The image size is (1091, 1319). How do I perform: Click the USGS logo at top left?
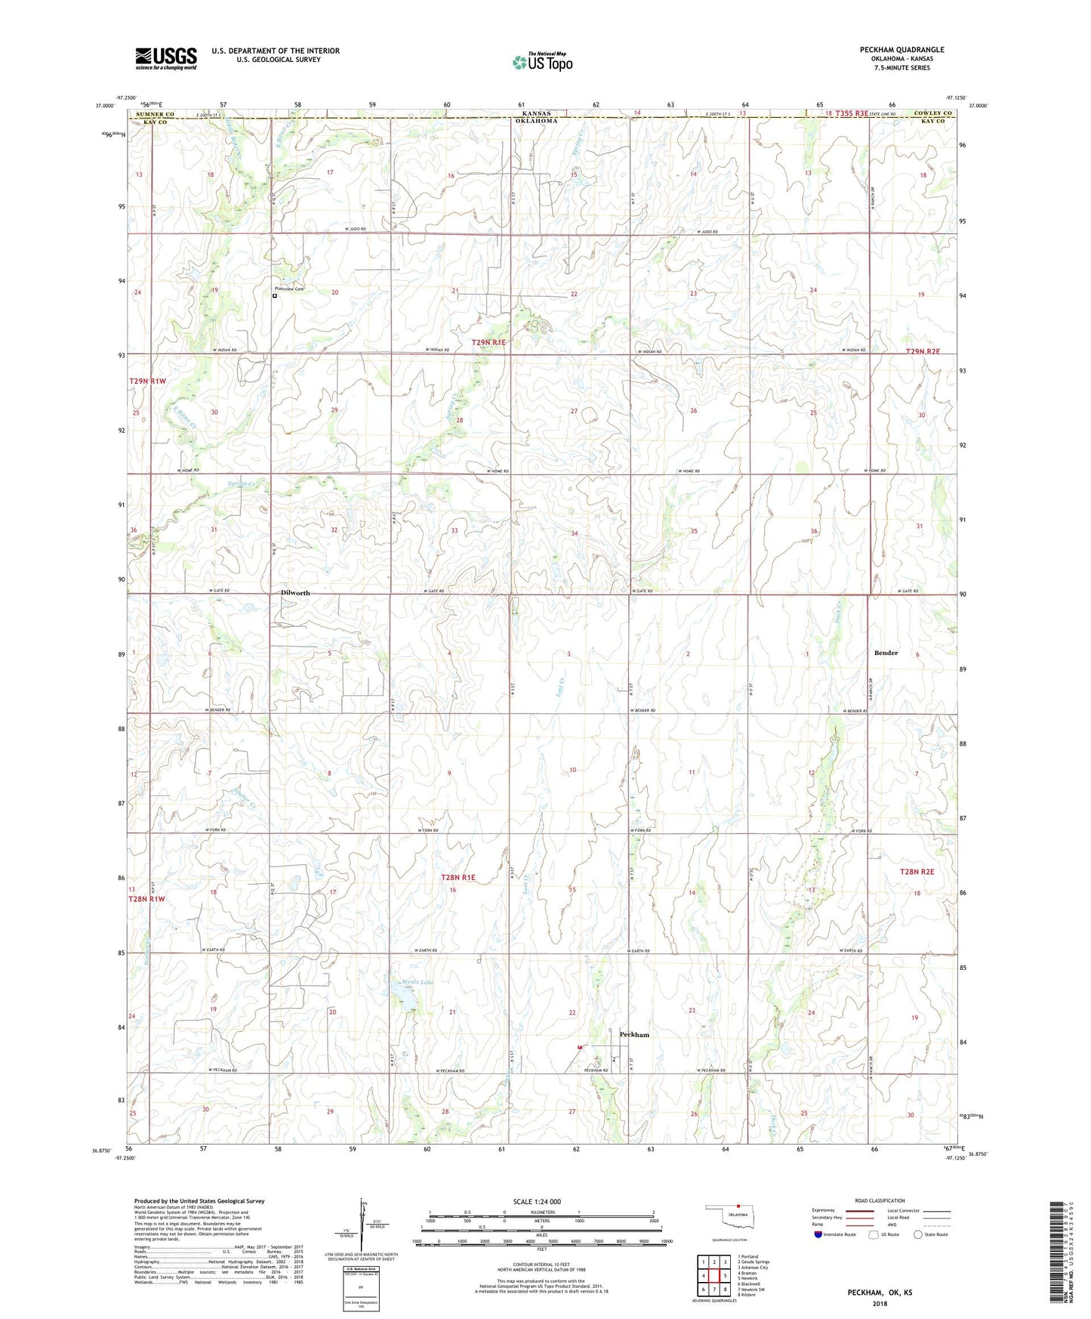(x=166, y=58)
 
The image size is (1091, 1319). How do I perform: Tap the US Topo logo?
(x=542, y=61)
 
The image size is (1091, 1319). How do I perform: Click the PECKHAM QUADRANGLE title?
(x=901, y=50)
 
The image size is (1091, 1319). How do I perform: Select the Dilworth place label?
(x=295, y=593)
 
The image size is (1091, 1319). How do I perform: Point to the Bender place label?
(x=886, y=653)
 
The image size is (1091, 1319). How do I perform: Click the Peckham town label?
(x=634, y=1034)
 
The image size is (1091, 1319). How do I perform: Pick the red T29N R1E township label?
(x=488, y=342)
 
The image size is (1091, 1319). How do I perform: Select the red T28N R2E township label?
(x=917, y=872)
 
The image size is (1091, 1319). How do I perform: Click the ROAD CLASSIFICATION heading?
(x=880, y=1200)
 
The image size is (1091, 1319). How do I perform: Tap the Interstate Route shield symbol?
(x=818, y=1234)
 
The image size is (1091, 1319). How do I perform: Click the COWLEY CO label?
(x=933, y=113)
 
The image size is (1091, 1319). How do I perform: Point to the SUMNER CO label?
(x=155, y=114)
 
